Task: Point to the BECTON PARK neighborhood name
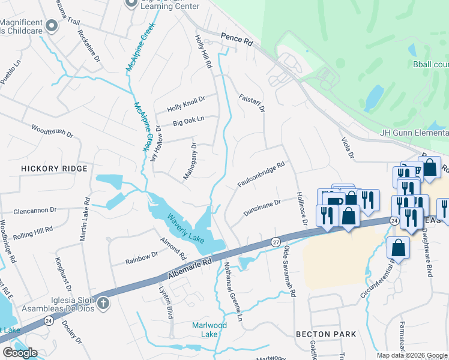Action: coord(326,334)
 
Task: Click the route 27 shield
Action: coord(276,241)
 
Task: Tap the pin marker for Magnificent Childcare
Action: coord(52,25)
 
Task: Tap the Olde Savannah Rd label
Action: coord(289,271)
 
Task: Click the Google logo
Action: coord(19,353)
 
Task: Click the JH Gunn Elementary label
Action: coord(414,133)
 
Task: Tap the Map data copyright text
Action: coord(411,355)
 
